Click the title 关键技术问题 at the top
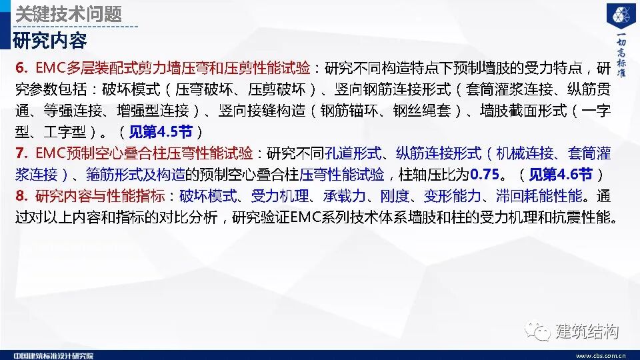tap(69, 13)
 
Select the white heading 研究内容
tap(50, 40)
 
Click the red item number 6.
tap(21, 68)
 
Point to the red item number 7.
tap(21, 153)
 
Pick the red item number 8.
tap(21, 196)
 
